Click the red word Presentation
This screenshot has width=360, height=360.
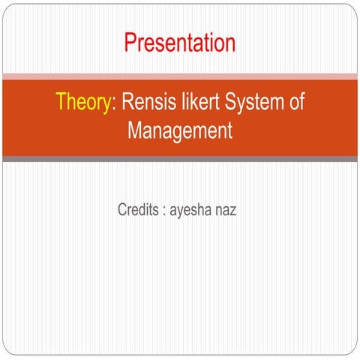click(x=179, y=42)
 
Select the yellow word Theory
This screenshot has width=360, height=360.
click(x=82, y=103)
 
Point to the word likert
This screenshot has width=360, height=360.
click(x=196, y=103)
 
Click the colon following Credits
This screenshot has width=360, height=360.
click(x=162, y=208)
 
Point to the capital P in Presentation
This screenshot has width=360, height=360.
click(x=130, y=42)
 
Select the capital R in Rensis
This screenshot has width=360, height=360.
click(x=127, y=103)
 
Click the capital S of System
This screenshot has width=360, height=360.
click(x=226, y=103)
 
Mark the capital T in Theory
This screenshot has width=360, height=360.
click(x=61, y=103)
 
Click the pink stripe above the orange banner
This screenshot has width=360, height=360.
click(x=180, y=76)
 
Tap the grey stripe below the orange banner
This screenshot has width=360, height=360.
click(x=180, y=158)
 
